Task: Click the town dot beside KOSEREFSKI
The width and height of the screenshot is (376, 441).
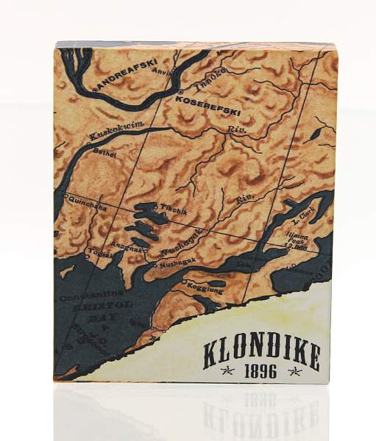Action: tap(180, 93)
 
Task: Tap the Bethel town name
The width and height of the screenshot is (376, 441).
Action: tap(107, 154)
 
